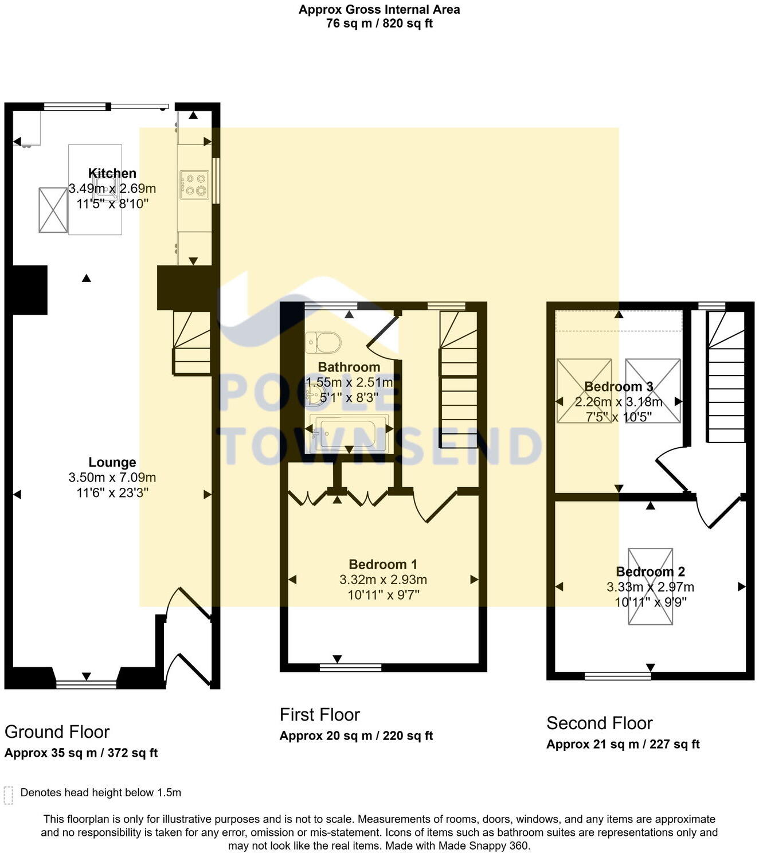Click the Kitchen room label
(112, 173)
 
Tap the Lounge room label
(112, 462)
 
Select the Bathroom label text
(349, 367)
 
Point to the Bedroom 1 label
(383, 564)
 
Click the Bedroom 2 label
(650, 572)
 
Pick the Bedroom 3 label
(619, 386)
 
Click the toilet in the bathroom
(323, 343)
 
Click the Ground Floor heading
(57, 732)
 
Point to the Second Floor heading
(599, 723)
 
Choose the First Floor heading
(319, 715)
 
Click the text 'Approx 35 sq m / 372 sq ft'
(81, 753)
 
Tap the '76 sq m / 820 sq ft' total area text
(379, 24)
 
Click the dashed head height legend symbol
(8, 795)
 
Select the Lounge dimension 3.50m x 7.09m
(112, 478)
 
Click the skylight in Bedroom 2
(650, 586)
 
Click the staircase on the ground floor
(192, 343)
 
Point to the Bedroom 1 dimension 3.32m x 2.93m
(383, 580)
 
